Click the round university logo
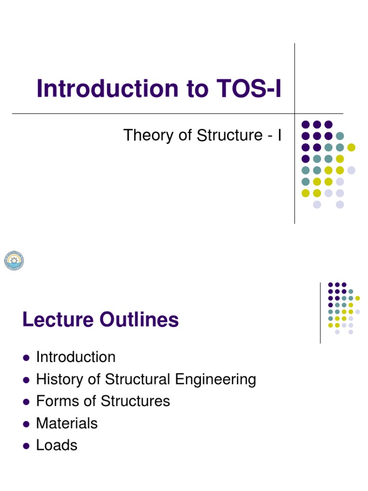point(14,260)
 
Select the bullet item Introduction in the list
point(76,357)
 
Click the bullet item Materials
point(67,423)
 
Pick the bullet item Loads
point(57,445)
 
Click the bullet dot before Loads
point(26,446)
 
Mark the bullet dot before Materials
point(26,424)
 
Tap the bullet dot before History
point(26,380)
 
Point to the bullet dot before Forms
point(26,402)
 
